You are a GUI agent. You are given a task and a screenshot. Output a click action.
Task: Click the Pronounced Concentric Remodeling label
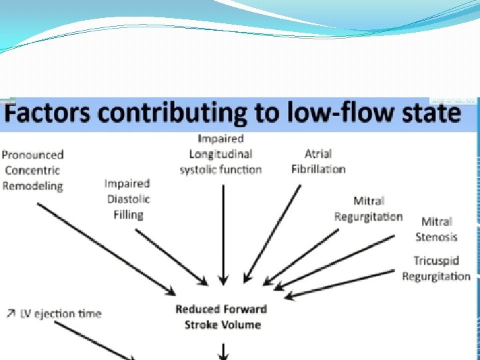tap(33, 170)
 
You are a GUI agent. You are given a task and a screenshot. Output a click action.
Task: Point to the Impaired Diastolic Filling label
tap(127, 199)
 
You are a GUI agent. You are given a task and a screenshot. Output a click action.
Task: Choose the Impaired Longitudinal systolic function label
tap(221, 154)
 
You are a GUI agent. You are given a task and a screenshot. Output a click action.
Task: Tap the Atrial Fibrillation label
tap(318, 161)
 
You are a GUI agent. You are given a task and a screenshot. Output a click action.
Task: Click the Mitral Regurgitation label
tap(368, 209)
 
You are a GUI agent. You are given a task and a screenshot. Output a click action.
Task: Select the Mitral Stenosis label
tap(436, 229)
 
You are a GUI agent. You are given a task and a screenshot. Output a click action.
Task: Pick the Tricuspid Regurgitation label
tap(436, 269)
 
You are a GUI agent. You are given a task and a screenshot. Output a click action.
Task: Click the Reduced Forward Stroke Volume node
tap(221, 317)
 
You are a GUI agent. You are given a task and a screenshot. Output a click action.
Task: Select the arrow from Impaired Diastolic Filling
tap(172, 257)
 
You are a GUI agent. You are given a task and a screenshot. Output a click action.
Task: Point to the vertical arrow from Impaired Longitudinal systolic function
tap(223, 233)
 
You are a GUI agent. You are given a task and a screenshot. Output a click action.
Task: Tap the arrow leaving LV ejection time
tap(93, 340)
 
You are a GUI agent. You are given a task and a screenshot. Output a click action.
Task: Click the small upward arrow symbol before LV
tap(11, 313)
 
